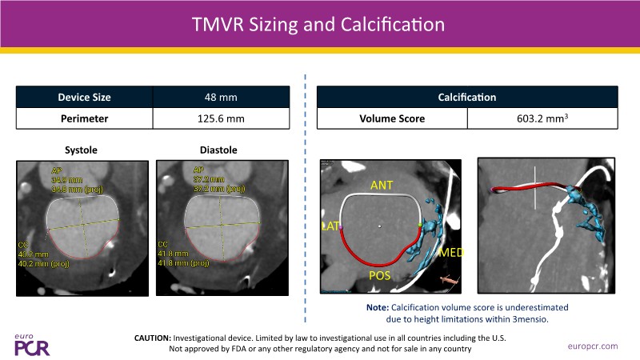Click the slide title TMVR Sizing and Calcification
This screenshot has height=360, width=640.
[319, 24]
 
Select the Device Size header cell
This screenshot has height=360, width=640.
[84, 98]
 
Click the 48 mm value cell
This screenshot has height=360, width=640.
[220, 98]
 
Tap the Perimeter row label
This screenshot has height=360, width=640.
[84, 120]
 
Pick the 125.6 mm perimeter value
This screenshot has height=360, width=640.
[220, 120]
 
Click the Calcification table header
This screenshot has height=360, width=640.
[467, 98]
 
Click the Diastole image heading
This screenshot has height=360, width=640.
[218, 150]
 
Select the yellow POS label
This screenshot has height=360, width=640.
[381, 275]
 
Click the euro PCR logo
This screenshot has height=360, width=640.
[32, 344]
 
